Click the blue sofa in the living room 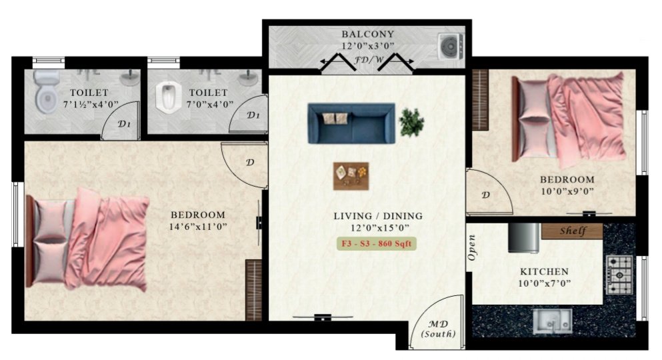(351, 123)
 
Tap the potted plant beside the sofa (411, 122)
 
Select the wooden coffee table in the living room (351, 176)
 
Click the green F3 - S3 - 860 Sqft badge (377, 243)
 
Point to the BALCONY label (368, 34)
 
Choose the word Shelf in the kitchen (571, 231)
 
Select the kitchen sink (551, 321)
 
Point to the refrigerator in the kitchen (524, 238)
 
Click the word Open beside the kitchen (471, 248)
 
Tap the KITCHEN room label (544, 272)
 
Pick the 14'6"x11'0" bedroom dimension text (198, 227)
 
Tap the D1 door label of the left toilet (124, 124)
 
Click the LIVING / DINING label (378, 216)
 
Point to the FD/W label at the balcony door (369, 59)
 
